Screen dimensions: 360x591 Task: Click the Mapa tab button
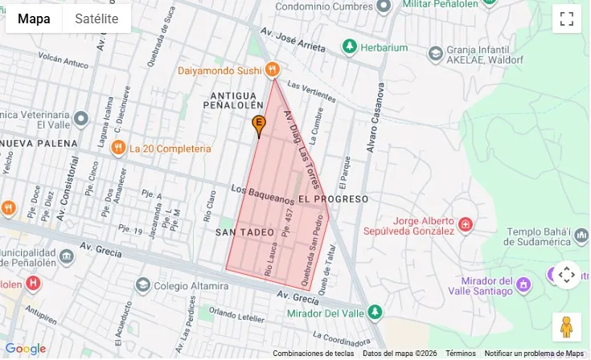coord(34,18)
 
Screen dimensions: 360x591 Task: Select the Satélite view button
coord(96,18)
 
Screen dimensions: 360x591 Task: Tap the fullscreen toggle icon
coord(566,18)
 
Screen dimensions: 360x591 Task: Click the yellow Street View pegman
coord(566,326)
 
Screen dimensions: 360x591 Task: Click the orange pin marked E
coord(259,125)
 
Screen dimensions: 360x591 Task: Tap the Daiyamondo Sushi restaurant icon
coord(273,70)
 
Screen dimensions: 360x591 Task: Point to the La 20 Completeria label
coord(170,149)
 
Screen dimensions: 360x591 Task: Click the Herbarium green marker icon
coord(349,47)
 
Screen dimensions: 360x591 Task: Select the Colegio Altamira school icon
coord(143,284)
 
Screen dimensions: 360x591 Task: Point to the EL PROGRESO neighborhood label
coord(333,198)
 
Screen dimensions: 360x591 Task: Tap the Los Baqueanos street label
coord(261,193)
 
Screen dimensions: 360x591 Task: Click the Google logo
coord(25,349)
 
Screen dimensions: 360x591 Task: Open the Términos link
coord(461,354)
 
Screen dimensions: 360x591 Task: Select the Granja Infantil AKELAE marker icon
coord(435,54)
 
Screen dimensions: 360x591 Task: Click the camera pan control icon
coord(566,275)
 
